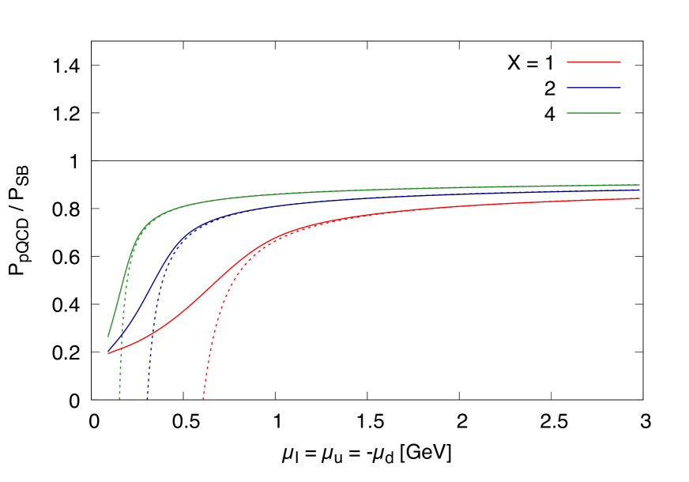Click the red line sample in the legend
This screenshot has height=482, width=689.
pyautogui.click(x=593, y=62)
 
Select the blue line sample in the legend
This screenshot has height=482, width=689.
pyautogui.click(x=593, y=88)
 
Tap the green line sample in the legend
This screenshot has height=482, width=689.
pyautogui.click(x=593, y=113)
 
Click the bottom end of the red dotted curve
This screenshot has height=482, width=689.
pyautogui.click(x=203, y=399)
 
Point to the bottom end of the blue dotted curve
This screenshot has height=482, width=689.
pyautogui.click(x=148, y=399)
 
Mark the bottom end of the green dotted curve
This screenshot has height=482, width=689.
pyautogui.click(x=119, y=399)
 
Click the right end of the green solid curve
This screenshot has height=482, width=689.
pyautogui.click(x=639, y=185)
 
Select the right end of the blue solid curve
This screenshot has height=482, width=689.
pyautogui.click(x=639, y=190)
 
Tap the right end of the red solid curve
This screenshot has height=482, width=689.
pyautogui.click(x=639, y=198)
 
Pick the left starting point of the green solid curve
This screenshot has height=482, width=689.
pyautogui.click(x=108, y=337)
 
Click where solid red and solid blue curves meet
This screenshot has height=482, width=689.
pyautogui.click(x=108, y=353)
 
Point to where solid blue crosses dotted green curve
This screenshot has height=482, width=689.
pyautogui.click(x=122, y=334)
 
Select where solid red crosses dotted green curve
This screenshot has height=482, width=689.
pyautogui.click(x=121, y=348)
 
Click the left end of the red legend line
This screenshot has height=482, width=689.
pyautogui.click(x=567, y=62)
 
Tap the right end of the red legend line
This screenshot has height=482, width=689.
pyautogui.click(x=620, y=62)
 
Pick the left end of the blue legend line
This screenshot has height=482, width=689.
pyautogui.click(x=567, y=88)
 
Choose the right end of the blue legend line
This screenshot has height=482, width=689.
pyautogui.click(x=620, y=88)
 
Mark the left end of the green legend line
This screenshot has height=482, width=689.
pyautogui.click(x=567, y=113)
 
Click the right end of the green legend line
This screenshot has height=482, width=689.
pyautogui.click(x=620, y=113)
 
